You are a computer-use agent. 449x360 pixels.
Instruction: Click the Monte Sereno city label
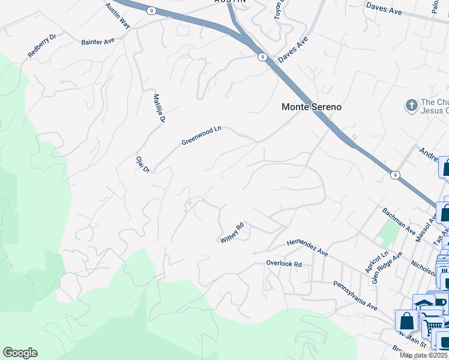click(x=312, y=107)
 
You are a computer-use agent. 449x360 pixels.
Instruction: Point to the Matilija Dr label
click(x=158, y=108)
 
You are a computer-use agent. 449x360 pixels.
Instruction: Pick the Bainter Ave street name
click(x=98, y=41)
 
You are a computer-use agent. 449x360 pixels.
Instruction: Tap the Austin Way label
click(x=118, y=16)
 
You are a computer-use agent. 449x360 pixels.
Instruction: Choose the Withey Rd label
click(x=232, y=233)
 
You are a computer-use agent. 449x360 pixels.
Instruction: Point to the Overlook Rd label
click(x=284, y=263)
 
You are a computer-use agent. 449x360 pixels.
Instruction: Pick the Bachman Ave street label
click(x=399, y=221)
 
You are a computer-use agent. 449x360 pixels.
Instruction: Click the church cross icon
click(x=411, y=106)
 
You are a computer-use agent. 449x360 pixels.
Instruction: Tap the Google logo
click(x=20, y=353)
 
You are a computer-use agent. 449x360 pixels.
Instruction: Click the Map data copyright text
click(x=424, y=355)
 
